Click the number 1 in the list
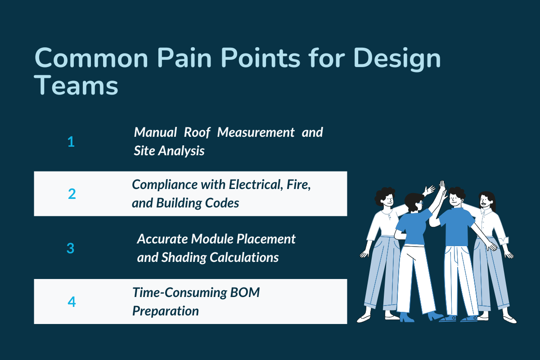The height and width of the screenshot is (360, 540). (71, 142)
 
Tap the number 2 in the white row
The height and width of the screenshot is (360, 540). (72, 194)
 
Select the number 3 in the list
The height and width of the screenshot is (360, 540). (71, 248)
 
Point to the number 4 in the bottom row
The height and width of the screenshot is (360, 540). (72, 301)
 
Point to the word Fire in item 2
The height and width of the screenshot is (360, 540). (298, 185)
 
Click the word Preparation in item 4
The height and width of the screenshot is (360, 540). (165, 311)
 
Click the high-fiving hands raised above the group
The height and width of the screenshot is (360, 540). (441, 188)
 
